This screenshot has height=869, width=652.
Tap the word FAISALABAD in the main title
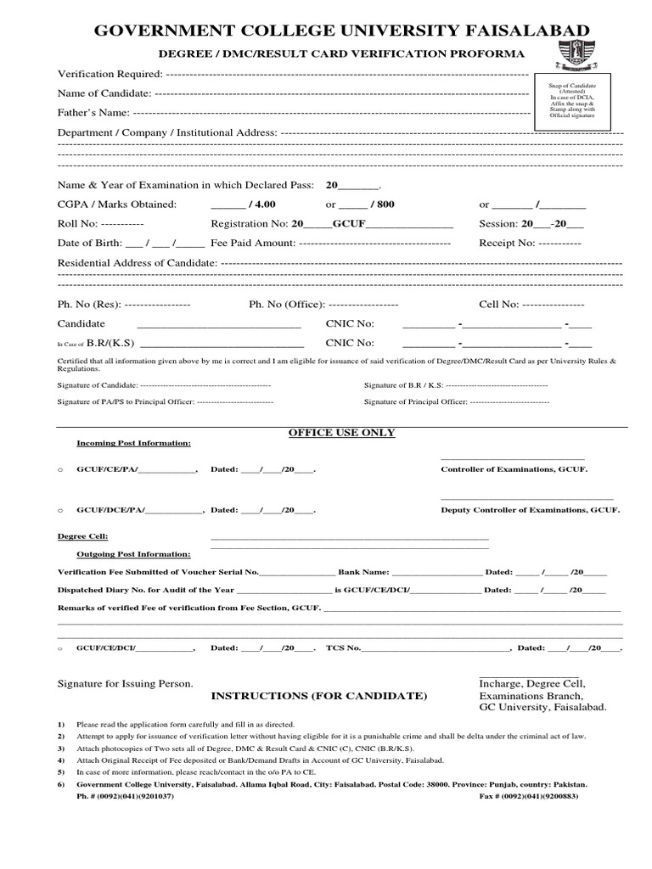(x=526, y=31)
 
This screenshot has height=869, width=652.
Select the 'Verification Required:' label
(x=109, y=74)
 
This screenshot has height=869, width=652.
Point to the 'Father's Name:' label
(x=93, y=112)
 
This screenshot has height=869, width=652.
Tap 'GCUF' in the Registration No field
(x=347, y=224)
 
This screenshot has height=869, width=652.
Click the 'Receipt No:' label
(x=507, y=243)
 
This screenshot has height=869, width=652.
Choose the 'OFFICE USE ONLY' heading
(x=341, y=432)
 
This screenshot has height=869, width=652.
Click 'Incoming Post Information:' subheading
(x=133, y=443)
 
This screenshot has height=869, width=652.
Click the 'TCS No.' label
(x=343, y=648)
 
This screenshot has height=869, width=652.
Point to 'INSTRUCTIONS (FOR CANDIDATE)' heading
(x=318, y=696)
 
